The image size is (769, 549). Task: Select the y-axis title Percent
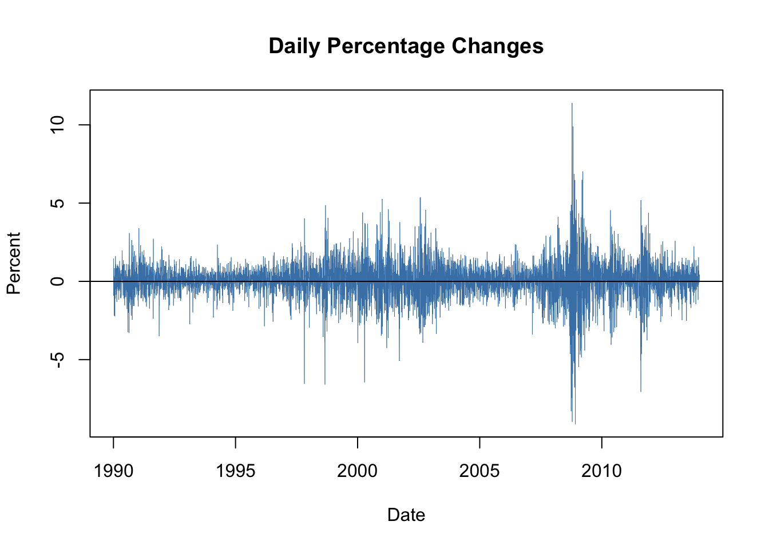click(x=14, y=263)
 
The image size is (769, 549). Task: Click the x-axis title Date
click(x=406, y=515)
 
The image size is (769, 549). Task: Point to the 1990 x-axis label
click(x=113, y=471)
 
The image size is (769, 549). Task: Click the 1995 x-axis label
click(x=235, y=471)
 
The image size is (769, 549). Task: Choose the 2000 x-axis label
click(x=358, y=471)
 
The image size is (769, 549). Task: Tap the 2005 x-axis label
click(x=479, y=471)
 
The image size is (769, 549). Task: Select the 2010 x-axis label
click(x=601, y=471)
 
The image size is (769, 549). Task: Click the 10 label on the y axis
click(x=58, y=125)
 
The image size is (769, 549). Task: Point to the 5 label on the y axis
click(x=58, y=203)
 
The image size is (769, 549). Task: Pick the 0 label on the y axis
click(x=58, y=281)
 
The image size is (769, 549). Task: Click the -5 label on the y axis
click(x=58, y=359)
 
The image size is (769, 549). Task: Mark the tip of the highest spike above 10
click(x=572, y=104)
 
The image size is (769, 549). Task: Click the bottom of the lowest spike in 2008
click(x=574, y=423)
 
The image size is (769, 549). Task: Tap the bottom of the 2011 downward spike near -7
click(x=641, y=391)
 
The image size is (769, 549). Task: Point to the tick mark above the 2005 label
click(x=479, y=442)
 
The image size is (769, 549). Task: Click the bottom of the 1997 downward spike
click(x=304, y=383)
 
